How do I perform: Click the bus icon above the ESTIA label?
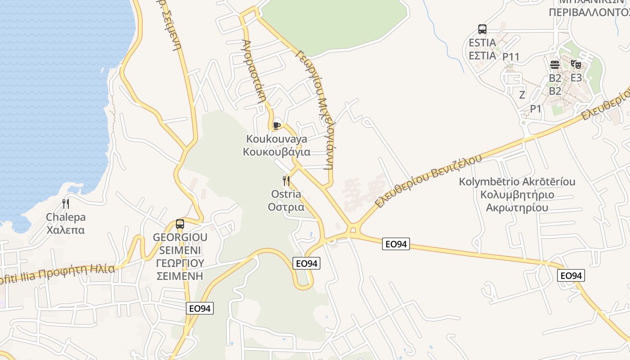[x=482, y=30]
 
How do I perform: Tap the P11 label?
[x=511, y=57]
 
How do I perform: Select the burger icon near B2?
[x=554, y=65]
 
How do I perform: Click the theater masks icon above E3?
[x=576, y=64]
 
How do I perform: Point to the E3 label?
[x=576, y=78]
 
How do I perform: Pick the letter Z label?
[x=522, y=95]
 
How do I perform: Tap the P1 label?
[x=535, y=109]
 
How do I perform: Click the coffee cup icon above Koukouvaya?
[x=276, y=125]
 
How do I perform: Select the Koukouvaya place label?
[x=276, y=145]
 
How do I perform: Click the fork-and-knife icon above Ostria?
[x=286, y=181]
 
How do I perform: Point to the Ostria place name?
[x=286, y=201]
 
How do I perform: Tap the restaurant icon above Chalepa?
[x=66, y=204]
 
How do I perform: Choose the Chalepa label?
[x=66, y=224]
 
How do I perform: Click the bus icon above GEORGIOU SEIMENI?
[x=180, y=224]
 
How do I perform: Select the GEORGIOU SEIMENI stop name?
[x=180, y=256]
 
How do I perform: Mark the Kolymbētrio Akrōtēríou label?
[x=517, y=195]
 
